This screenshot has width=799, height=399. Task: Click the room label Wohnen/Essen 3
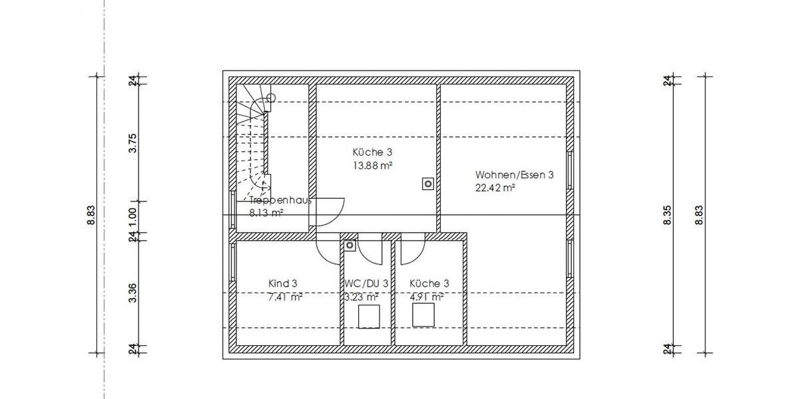[515, 175]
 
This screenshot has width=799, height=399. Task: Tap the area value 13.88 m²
[372, 165]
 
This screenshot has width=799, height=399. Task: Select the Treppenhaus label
[280, 200]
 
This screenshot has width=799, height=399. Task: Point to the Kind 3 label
[283, 283]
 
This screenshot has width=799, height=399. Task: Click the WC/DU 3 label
[366, 283]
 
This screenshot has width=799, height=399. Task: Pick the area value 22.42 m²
[495, 188]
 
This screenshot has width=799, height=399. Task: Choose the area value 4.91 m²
[427, 297]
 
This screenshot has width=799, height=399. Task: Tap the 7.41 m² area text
[285, 297]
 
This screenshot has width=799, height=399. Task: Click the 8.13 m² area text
[266, 213]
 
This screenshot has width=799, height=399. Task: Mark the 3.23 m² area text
[362, 297]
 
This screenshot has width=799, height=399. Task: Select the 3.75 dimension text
[133, 143]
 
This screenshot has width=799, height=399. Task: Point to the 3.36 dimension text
[133, 293]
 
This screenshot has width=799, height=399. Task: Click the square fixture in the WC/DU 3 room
[369, 317]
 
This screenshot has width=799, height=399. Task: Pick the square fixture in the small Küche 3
[423, 315]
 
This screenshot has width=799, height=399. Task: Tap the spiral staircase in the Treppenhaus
[253, 140]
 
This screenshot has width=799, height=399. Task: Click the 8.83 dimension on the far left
[91, 215]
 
